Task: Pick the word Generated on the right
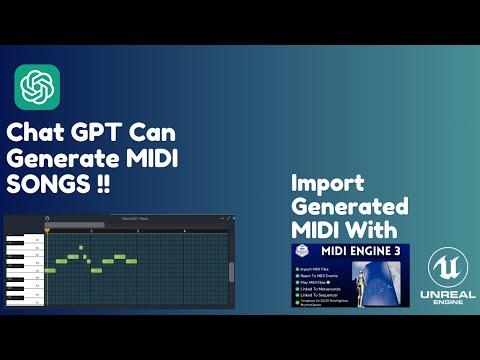tap(350, 206)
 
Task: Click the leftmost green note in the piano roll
tap(49, 270)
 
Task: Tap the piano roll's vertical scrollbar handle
tap(232, 271)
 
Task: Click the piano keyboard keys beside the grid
tap(23, 265)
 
